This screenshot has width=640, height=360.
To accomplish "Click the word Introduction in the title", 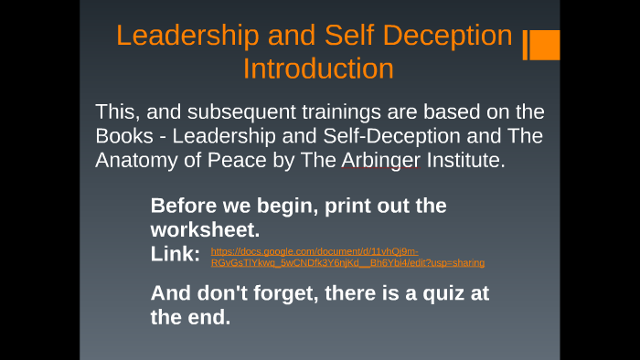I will coord(318,69).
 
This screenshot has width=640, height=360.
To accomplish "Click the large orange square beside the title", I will coord(546,45).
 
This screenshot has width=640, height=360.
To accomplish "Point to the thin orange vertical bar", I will coord(526,45).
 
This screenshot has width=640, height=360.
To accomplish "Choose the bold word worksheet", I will coord(205,230).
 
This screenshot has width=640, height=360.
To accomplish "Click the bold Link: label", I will coord(176,255).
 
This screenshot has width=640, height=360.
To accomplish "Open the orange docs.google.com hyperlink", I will coord(347,257).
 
